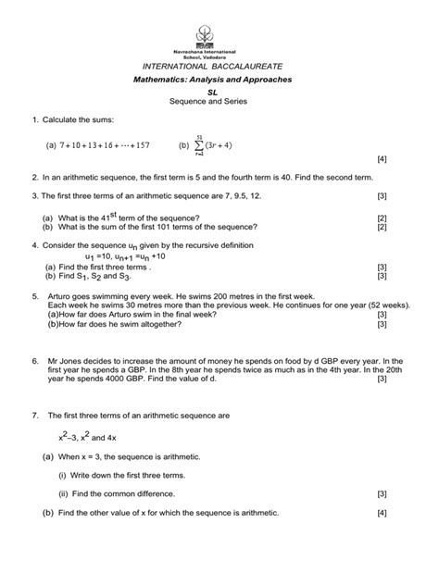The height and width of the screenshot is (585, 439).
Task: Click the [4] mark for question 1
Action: pyautogui.click(x=382, y=158)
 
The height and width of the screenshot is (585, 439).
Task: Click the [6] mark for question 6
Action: pyautogui.click(x=382, y=378)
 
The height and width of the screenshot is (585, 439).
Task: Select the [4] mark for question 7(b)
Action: pyautogui.click(x=382, y=513)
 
